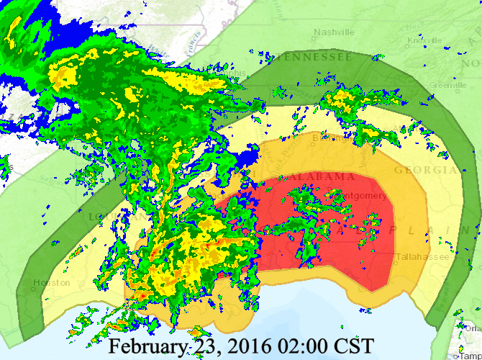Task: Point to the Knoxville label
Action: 424,41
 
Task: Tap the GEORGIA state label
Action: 424,170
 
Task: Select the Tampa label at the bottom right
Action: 470,356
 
